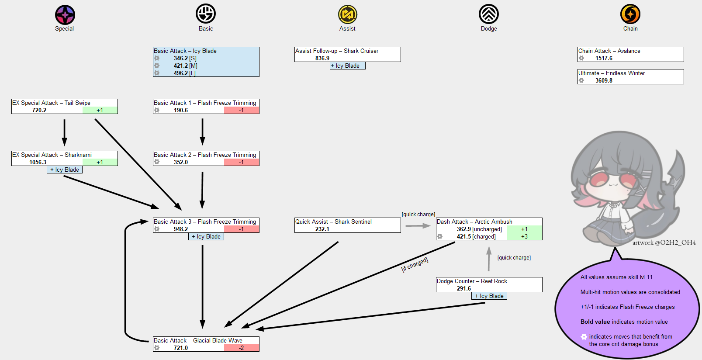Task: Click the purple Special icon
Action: point(65,15)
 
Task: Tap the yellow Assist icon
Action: point(347,14)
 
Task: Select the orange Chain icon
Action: point(630,14)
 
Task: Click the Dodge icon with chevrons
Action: point(489,14)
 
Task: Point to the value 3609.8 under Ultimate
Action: point(604,81)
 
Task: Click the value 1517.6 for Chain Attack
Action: point(604,59)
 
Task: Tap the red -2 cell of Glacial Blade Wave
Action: point(242,348)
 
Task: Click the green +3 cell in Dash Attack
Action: point(525,237)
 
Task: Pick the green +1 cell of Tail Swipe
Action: point(100,111)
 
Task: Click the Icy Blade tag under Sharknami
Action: point(65,170)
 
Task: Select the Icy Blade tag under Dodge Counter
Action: point(489,296)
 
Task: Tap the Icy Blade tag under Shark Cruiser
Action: point(348,66)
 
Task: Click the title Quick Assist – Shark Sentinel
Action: point(333,222)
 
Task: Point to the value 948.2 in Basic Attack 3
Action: point(181,229)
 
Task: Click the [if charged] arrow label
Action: point(415,264)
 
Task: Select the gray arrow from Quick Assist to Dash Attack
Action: point(418,226)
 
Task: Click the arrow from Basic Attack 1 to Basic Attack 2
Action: point(202,131)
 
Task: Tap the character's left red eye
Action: point(598,179)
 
